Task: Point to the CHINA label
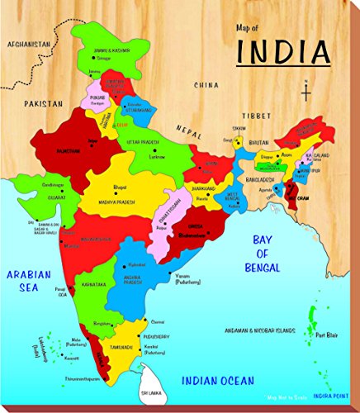click(x=207, y=85)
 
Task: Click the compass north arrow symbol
click(x=306, y=90)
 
